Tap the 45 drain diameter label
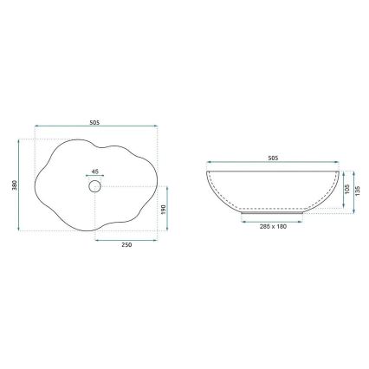(94, 171)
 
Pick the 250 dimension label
(126, 245)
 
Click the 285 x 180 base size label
(273, 227)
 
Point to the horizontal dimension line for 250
(126, 238)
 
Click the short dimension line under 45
(94, 176)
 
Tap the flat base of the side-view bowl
(273, 210)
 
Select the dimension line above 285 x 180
(273, 220)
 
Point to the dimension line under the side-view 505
(273, 165)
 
